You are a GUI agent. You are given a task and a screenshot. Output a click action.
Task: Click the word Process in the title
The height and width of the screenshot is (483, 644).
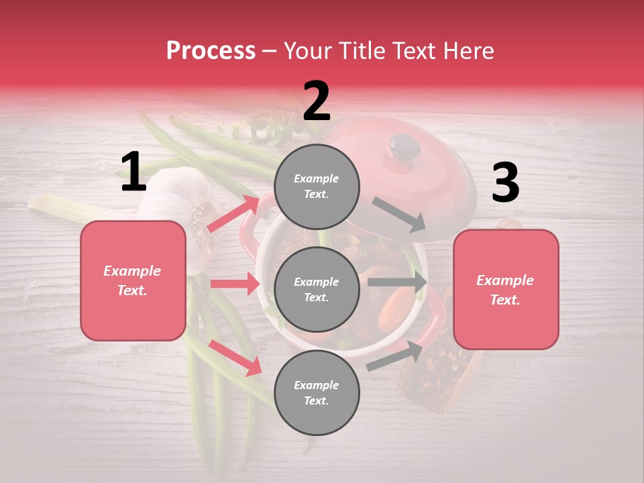(x=211, y=51)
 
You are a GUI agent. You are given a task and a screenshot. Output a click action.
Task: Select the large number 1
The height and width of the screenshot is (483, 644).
(x=133, y=172)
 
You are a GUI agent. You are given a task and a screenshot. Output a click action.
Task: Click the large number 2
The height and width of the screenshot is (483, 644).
(x=317, y=101)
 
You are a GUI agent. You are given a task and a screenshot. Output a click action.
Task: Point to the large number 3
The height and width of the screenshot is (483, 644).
(x=505, y=182)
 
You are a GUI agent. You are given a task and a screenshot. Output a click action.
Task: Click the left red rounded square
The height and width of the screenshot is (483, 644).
(x=133, y=280)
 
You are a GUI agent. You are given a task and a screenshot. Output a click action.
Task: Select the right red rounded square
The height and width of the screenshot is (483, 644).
(x=505, y=290)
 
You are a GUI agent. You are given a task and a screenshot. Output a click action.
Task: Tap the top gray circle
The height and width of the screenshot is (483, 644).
(x=317, y=186)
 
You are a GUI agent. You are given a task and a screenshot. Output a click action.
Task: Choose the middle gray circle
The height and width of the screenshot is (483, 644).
(x=317, y=289)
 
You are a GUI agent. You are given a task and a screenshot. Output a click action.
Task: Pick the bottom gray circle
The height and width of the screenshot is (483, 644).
(x=317, y=392)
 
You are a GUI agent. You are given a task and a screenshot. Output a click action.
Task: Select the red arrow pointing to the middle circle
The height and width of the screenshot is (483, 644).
(x=235, y=284)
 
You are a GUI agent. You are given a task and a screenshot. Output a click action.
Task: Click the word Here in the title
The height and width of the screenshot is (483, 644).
(x=469, y=51)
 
